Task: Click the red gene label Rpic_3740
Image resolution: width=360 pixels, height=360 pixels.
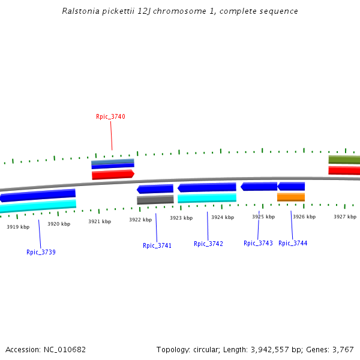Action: (x=110, y=116)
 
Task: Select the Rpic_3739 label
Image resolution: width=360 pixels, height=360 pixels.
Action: (x=41, y=252)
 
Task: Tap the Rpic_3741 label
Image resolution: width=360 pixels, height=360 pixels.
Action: (x=157, y=245)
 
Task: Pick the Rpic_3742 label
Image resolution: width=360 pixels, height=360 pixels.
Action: (x=208, y=244)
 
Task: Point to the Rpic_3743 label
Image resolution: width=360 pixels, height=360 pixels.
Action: (x=258, y=243)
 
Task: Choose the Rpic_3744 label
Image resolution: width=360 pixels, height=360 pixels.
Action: (x=293, y=243)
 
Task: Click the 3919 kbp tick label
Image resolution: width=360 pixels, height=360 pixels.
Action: (x=18, y=227)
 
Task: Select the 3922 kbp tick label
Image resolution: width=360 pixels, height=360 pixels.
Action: (x=140, y=220)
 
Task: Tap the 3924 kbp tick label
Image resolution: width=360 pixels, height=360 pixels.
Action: (x=222, y=217)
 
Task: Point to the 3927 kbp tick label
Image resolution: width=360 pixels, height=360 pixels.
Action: (x=345, y=217)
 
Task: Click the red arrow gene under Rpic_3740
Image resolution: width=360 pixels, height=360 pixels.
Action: (x=113, y=175)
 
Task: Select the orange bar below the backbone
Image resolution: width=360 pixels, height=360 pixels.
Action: (x=291, y=197)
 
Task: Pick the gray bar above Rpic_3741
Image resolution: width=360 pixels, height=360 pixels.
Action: (x=155, y=200)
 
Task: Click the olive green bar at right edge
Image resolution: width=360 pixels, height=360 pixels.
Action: (x=344, y=160)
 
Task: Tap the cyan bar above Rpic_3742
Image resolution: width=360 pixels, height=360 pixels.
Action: (x=207, y=198)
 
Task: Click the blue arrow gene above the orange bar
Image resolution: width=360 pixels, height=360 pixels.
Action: (x=291, y=187)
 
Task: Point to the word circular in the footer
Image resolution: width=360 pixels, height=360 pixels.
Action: (x=209, y=349)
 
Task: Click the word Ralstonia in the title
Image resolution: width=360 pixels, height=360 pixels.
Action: (x=81, y=11)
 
